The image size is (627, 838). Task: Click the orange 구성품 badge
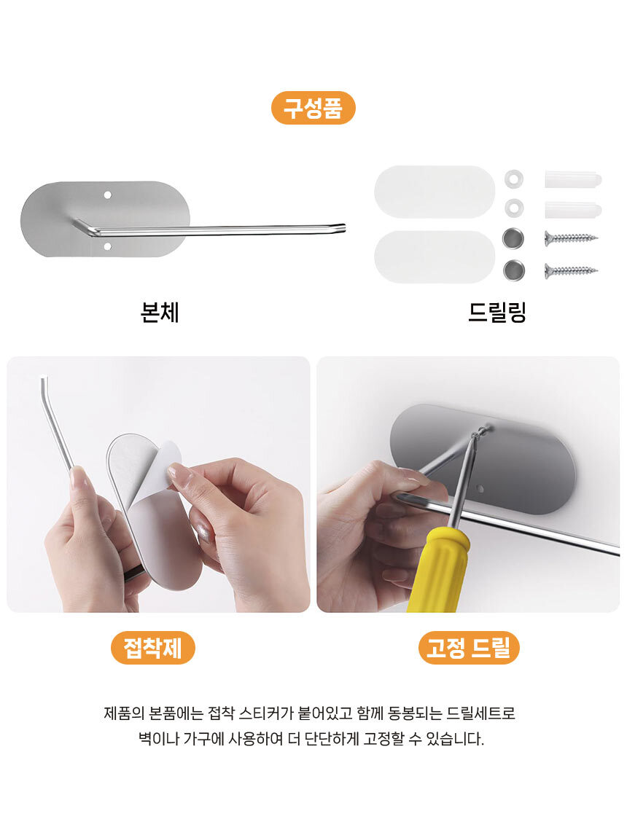click(313, 108)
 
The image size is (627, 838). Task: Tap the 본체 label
click(159, 312)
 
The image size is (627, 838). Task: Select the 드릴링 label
click(497, 312)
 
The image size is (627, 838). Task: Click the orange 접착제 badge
click(153, 648)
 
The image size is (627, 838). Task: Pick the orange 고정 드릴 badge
click(469, 648)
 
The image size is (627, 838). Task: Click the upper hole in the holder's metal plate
click(107, 195)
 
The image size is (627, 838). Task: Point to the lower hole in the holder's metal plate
click(107, 246)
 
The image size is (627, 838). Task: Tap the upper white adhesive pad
click(435, 192)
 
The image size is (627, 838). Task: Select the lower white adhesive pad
click(435, 257)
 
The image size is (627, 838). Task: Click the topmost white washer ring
click(514, 179)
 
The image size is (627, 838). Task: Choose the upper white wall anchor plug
click(573, 179)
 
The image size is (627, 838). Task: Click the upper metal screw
click(571, 238)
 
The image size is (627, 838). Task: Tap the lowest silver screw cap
click(514, 270)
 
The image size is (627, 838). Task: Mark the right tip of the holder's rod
click(345, 227)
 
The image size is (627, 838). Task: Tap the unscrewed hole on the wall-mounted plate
click(480, 489)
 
